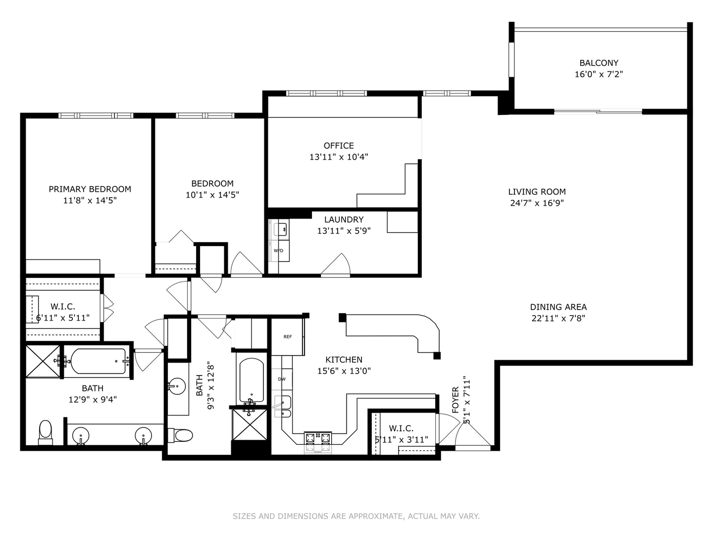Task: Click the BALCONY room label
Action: pos(599,63)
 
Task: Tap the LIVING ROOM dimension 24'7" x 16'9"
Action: pos(537,203)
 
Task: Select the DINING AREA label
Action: pos(558,307)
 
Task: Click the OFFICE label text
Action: pos(339,146)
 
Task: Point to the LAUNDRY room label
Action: pos(344,219)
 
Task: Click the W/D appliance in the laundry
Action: pos(279,251)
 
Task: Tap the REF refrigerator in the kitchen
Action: pos(288,337)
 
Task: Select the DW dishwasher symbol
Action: pos(282,379)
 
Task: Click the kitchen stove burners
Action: pos(317,438)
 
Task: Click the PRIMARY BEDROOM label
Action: pos(90,189)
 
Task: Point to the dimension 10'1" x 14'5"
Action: pos(212,195)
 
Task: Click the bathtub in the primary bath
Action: pos(98,361)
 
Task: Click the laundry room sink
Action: pos(281,229)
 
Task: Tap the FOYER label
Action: pos(456,400)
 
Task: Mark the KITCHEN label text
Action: pos(344,360)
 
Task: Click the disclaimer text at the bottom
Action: pos(356,516)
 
